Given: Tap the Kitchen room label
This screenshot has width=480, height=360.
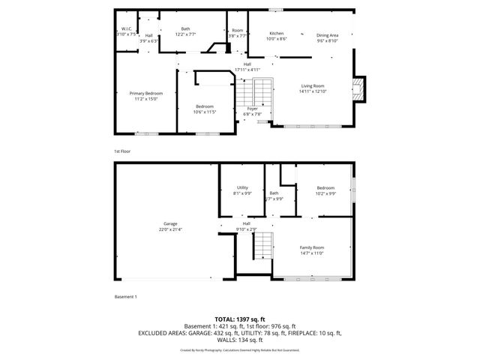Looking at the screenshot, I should click(x=277, y=34).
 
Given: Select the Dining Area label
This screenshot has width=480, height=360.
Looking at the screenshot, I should click(x=327, y=34).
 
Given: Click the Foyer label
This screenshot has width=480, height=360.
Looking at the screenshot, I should click(x=253, y=109).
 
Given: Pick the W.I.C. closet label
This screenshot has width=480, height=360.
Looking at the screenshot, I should click(x=127, y=29).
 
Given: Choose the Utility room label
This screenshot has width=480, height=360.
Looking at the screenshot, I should click(x=242, y=187).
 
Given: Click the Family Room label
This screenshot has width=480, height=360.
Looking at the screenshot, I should click(x=312, y=247).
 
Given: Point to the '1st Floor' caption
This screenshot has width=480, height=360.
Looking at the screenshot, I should click(x=122, y=151).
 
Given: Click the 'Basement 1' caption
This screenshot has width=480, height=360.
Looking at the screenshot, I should click(x=125, y=297).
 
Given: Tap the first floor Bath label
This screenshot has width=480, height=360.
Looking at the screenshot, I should click(x=185, y=29).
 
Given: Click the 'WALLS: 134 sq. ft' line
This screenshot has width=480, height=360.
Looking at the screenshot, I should click(x=239, y=342).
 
